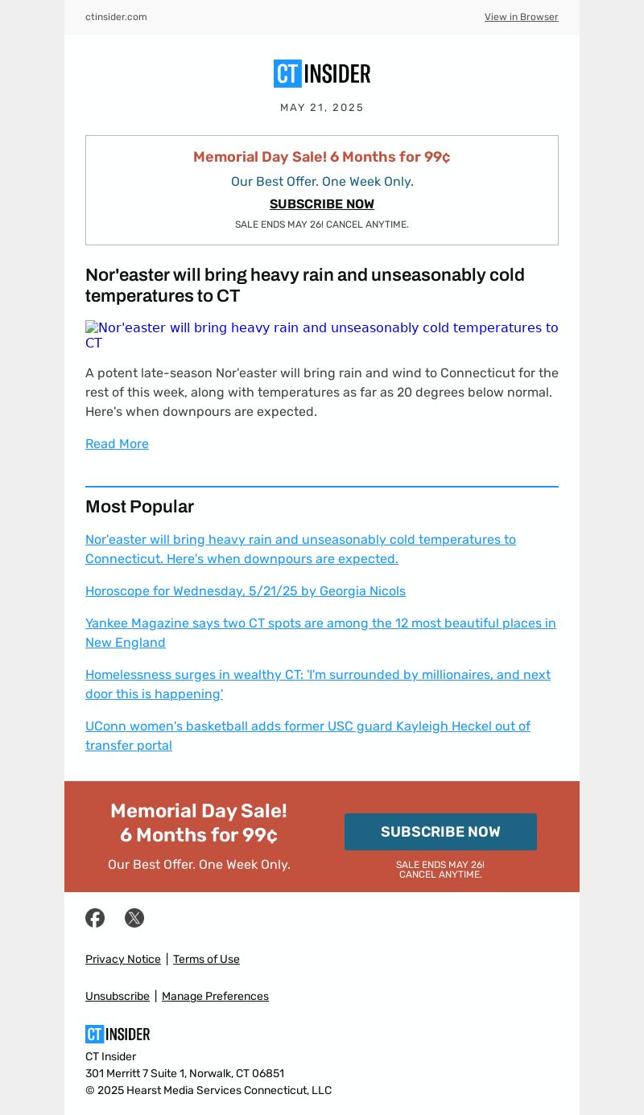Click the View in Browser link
(x=521, y=17)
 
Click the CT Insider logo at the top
(x=322, y=74)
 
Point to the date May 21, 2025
(x=322, y=108)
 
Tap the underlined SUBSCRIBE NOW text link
(x=322, y=204)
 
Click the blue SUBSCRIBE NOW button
(x=440, y=832)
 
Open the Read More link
(x=117, y=444)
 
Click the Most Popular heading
(x=139, y=507)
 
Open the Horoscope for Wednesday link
(x=246, y=591)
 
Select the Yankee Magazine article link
(x=320, y=632)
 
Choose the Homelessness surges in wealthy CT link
(x=318, y=684)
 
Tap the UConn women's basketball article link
(x=308, y=735)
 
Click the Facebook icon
(x=95, y=918)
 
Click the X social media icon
(x=134, y=918)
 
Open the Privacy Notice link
(x=123, y=959)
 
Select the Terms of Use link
(x=206, y=959)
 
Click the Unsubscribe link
(x=118, y=996)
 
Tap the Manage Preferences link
(x=215, y=996)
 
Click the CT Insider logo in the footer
(x=118, y=1034)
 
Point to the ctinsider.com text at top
(x=116, y=17)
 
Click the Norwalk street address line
(x=184, y=1073)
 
